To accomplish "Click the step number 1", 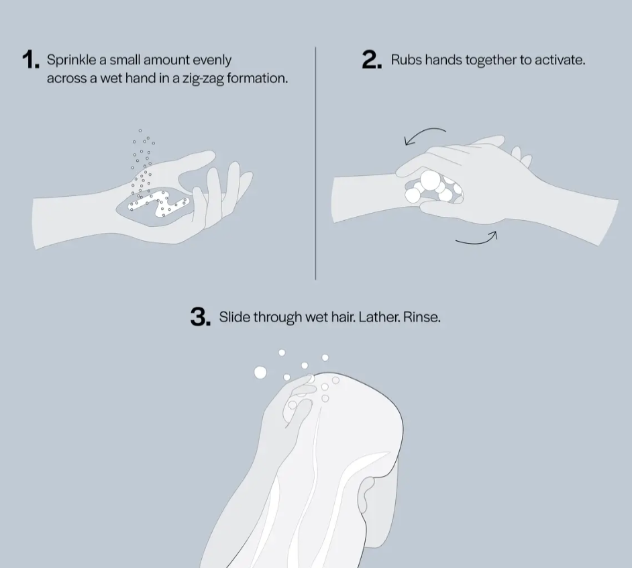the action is click(31, 60).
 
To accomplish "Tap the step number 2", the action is click(372, 60).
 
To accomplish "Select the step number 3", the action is click(201, 317).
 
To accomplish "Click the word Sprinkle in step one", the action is click(71, 60).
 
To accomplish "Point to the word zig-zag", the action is click(203, 79).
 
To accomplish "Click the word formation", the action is click(257, 78).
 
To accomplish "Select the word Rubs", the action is click(406, 60).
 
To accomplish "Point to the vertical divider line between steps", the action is click(315, 163).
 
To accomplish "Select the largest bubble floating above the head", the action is click(260, 373).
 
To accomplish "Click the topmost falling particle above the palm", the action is click(140, 131).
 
